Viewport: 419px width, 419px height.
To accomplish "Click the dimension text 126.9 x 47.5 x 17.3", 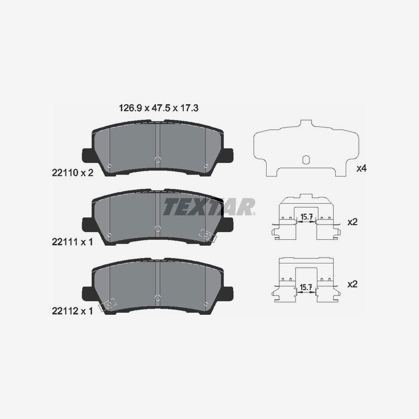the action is point(159,108).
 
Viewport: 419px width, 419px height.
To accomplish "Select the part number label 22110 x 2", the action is point(73,173).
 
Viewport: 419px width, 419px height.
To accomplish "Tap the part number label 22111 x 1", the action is point(72,242).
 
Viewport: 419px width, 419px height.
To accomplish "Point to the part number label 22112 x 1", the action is point(72,311).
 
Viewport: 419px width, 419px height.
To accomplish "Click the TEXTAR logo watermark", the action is point(209,207).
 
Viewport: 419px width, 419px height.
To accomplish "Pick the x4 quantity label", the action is point(361,169).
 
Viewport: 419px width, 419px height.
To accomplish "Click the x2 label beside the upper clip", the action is point(352,222).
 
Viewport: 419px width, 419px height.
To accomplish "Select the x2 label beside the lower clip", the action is point(352,284).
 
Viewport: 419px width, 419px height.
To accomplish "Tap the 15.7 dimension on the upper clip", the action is point(306,217).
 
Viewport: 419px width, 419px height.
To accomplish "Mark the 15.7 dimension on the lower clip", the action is point(306,288).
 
